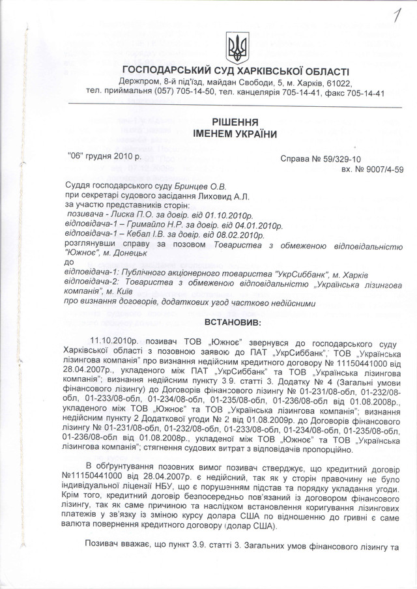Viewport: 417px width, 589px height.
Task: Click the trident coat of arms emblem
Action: point(235,47)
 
